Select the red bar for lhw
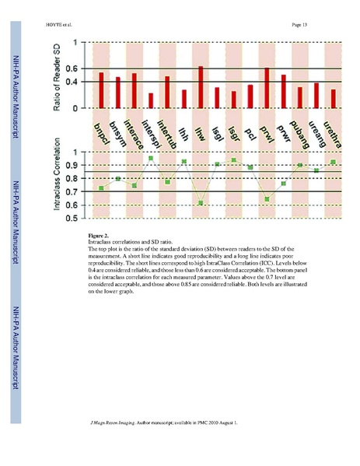(201, 87)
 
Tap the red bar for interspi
(151, 100)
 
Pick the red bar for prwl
(267, 88)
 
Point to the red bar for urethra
(333, 99)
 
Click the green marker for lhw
(201, 203)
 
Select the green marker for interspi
(151, 159)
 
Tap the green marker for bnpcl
(101, 188)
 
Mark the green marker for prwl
(267, 199)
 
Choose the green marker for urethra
(333, 162)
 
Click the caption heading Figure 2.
(99, 234)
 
